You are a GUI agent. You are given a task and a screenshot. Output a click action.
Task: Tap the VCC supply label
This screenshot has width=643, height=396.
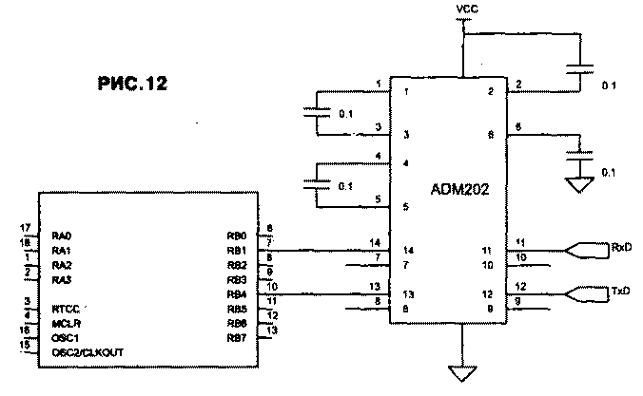pos(467,9)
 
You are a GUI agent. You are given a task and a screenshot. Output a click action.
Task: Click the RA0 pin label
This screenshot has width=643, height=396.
pos(62,235)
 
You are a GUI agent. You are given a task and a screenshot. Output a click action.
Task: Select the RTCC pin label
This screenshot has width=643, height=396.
pos(65,308)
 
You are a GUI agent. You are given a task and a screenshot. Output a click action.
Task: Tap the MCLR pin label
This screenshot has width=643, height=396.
pos(65,323)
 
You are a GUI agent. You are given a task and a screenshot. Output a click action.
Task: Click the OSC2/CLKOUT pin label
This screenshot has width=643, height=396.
pos(88,352)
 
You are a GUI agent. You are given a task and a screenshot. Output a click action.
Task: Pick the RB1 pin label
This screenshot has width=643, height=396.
pos(237,250)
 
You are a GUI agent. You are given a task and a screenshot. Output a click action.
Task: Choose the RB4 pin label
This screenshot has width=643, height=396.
pos(237,294)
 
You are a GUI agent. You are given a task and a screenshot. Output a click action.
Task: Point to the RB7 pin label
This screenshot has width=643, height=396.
pos(237,338)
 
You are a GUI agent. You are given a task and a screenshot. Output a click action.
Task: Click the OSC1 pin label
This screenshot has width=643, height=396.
pos(64,337)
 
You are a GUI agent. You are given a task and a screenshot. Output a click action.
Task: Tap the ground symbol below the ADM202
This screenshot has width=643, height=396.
pos(462,373)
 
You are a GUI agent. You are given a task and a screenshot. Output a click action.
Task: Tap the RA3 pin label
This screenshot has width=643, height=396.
pos(62,280)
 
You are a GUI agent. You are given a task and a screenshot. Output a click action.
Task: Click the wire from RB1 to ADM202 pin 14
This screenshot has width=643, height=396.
pos(323,250)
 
